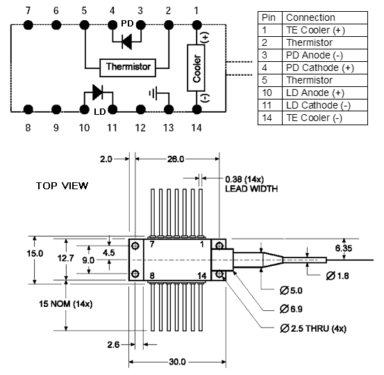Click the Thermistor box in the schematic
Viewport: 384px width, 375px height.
click(128, 67)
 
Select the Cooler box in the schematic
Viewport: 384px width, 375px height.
click(196, 68)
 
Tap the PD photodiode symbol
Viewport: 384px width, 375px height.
click(127, 42)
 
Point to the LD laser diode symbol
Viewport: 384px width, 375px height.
click(98, 93)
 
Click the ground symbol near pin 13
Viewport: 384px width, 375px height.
click(153, 93)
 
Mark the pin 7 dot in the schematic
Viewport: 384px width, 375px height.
click(28, 25)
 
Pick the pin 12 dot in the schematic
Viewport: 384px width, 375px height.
click(140, 109)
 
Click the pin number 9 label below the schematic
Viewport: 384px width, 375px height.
click(56, 127)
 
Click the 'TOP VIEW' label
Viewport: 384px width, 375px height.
click(62, 186)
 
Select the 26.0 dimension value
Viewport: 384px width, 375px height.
click(176, 159)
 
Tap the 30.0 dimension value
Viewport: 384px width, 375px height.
click(177, 362)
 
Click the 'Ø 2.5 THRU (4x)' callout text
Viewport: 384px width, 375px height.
click(313, 328)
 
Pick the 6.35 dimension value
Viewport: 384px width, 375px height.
click(344, 248)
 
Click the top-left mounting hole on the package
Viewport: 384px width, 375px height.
click(135, 246)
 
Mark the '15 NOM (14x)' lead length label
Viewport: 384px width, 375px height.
click(66, 304)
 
